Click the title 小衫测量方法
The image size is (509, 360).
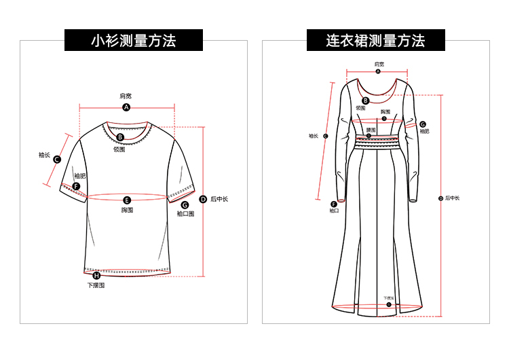pos(134,41)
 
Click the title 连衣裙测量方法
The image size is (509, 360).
pos(375,41)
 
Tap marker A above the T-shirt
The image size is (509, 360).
pos(126,107)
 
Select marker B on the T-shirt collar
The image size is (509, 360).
pos(120,137)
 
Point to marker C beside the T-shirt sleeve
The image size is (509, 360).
pos(57,160)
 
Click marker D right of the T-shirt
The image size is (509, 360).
pos(203,199)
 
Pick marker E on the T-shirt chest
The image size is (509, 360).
pos(127,200)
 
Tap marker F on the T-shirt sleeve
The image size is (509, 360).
pos(76,186)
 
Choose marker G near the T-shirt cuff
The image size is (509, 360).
pos(185,204)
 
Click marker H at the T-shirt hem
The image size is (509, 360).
pos(96,275)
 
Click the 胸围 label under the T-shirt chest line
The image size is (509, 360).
pos(127,210)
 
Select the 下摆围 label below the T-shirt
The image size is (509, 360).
pos(96,285)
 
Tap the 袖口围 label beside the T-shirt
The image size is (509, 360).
pos(185,214)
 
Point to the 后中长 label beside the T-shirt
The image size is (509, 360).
pos(219,199)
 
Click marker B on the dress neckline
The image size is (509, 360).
pos(364,101)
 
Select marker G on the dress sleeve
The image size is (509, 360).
pos(422,125)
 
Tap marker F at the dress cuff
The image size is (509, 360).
pos(334,204)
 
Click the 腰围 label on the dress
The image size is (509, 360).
pos(371,130)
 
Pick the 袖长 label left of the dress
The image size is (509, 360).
pos(313,136)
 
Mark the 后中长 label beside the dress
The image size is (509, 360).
pos(452,198)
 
